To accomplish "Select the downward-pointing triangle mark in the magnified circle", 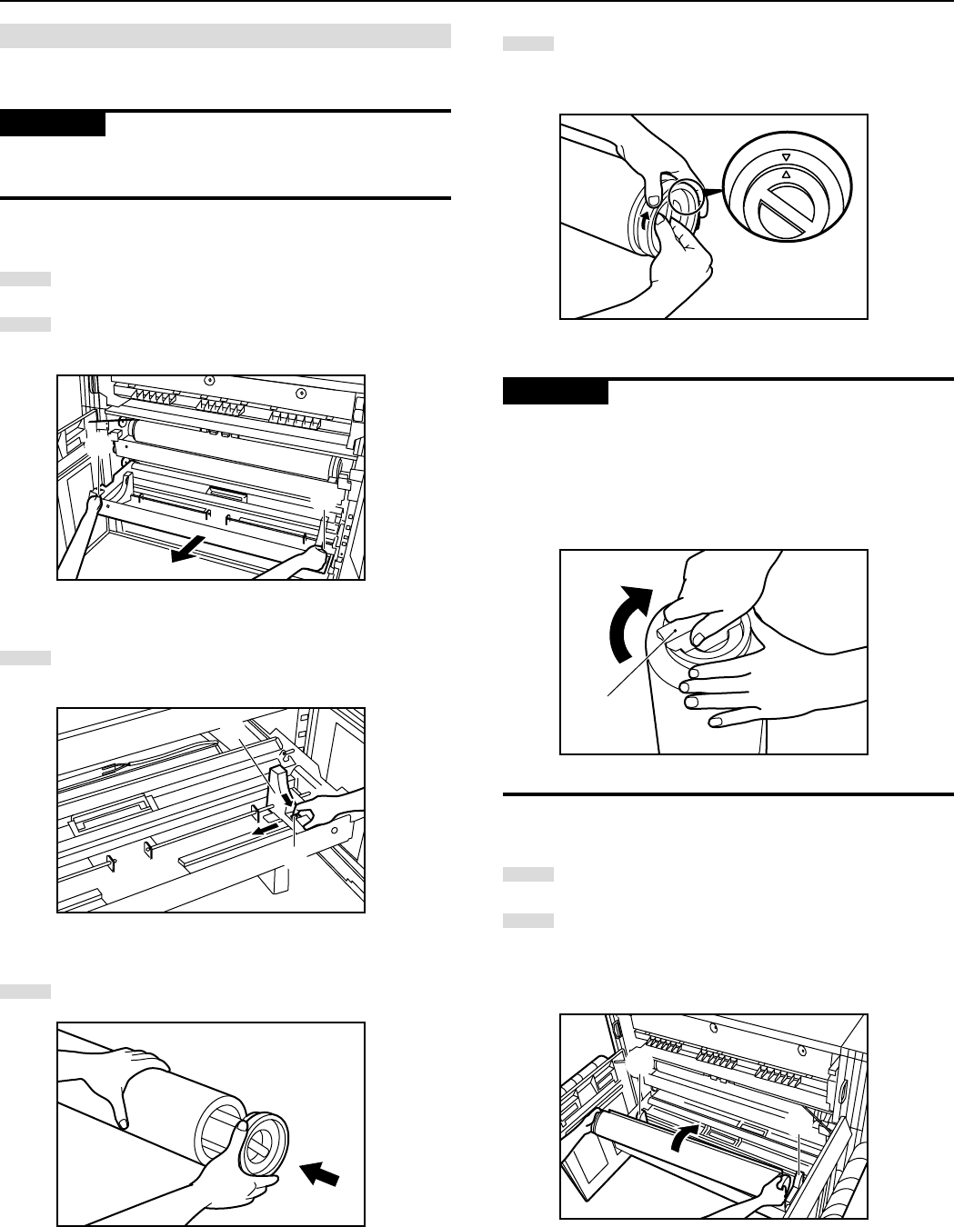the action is click(x=786, y=156).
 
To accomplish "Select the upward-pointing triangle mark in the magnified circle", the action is click(x=786, y=171).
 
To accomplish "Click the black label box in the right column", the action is click(x=556, y=392).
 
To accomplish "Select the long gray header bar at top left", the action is click(x=226, y=35).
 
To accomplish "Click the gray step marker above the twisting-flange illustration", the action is click(x=527, y=44).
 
